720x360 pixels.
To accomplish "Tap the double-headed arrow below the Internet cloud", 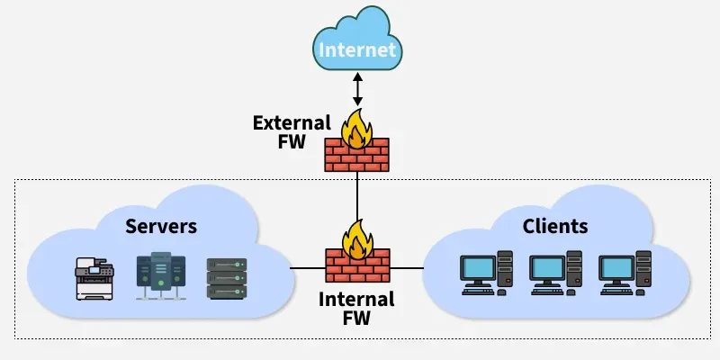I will (x=357, y=88).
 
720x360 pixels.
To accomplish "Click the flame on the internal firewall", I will (x=357, y=239).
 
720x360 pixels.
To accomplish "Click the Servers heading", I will (x=161, y=225).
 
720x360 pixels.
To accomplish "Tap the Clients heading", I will (x=555, y=225).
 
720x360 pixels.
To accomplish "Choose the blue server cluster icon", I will (x=160, y=274).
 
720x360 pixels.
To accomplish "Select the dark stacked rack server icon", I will (x=226, y=278).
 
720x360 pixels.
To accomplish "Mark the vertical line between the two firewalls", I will (x=357, y=198).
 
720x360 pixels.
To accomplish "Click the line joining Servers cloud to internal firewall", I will (x=308, y=268).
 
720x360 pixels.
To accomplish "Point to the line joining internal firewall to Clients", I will (x=406, y=268).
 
